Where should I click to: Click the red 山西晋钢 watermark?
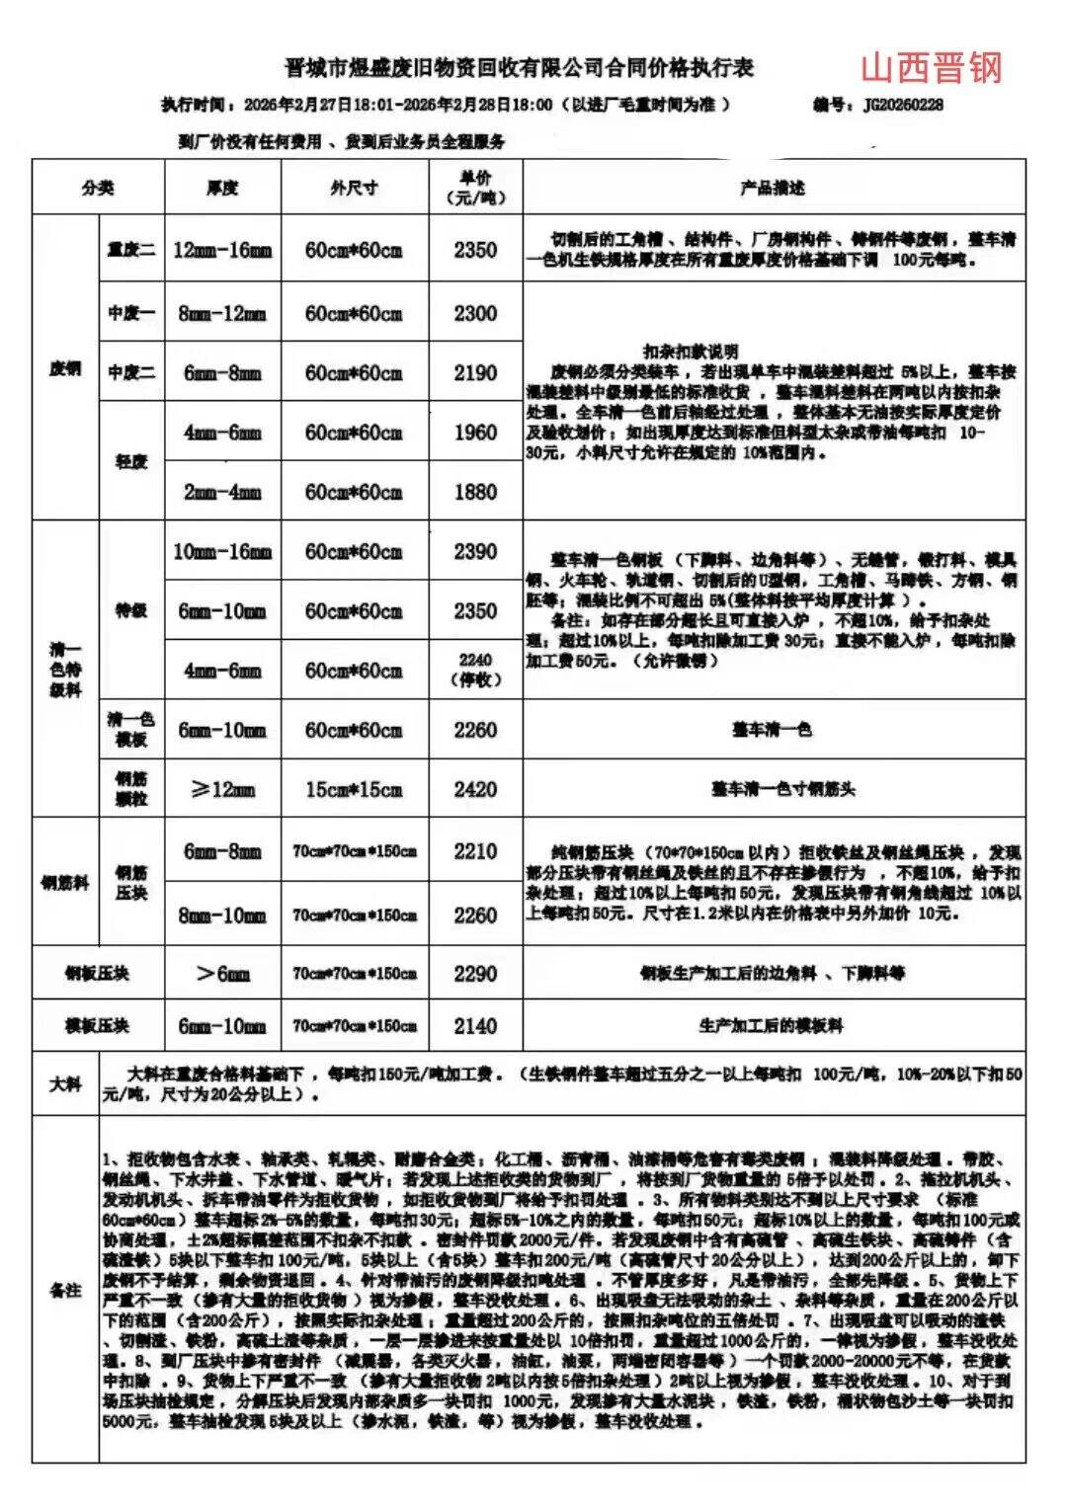(931, 67)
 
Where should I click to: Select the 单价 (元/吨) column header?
(475, 187)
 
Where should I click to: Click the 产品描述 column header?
(773, 187)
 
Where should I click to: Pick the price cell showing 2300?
(475, 313)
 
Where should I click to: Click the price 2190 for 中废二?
(475, 372)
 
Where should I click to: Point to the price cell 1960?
(475, 432)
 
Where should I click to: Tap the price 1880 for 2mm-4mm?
(475, 491)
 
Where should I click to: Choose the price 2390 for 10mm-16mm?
(475, 551)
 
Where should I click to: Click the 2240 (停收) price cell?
(475, 670)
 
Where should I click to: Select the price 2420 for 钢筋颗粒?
(475, 788)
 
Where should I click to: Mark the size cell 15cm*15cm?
(354, 789)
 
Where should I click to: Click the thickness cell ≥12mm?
(222, 789)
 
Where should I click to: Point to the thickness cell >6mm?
(222, 974)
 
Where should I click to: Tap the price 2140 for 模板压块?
(475, 1025)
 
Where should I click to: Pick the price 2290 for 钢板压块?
(475, 974)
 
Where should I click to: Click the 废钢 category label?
(65, 368)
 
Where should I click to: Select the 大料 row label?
(65, 1083)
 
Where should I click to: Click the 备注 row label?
(65, 1290)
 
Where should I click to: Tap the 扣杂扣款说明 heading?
(690, 352)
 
